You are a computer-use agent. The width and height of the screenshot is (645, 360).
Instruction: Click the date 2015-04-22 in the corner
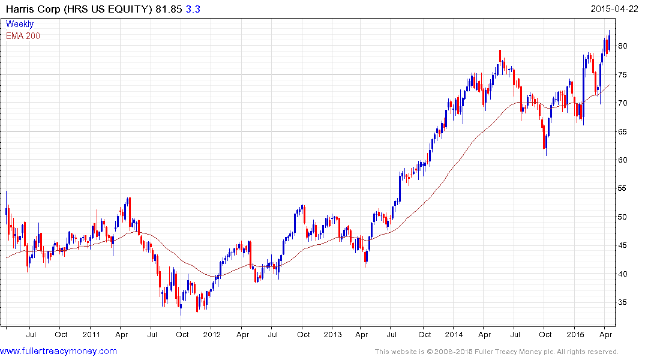[616, 9]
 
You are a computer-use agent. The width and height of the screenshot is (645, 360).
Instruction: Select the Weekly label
[19, 24]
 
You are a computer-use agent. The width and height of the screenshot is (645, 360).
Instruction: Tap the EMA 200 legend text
[23, 36]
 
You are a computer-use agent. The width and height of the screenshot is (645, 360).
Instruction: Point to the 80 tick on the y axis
[623, 46]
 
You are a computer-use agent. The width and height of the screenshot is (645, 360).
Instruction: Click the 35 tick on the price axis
[623, 302]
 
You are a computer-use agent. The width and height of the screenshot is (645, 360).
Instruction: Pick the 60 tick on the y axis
[623, 160]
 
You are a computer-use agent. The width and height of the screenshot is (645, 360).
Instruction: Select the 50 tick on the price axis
[623, 217]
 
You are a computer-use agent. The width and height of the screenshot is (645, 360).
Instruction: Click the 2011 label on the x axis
[91, 334]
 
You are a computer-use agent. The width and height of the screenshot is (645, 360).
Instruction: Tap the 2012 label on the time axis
[212, 334]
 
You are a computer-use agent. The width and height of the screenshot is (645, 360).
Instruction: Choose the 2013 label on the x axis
[332, 334]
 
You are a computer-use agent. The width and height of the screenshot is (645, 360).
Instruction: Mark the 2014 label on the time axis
[454, 334]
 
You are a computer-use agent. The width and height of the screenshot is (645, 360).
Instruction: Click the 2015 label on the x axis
[575, 334]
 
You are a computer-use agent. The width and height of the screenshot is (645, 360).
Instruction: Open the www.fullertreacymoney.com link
[59, 351]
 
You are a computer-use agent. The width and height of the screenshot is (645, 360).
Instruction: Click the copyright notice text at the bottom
[496, 352]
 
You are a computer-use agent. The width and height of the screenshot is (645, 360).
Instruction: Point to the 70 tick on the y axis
[623, 103]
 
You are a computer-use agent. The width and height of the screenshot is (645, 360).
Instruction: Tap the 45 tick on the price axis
[623, 245]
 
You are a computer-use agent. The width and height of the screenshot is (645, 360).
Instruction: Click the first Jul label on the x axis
[31, 334]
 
